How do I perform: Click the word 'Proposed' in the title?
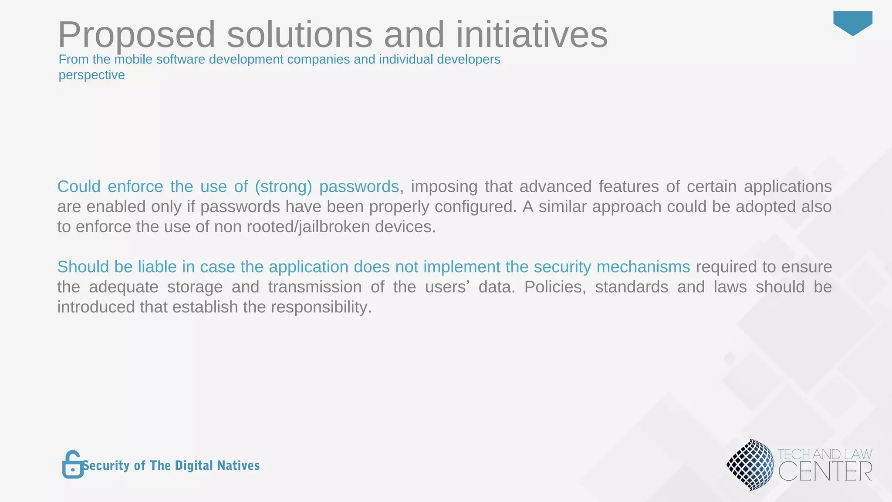coord(136,35)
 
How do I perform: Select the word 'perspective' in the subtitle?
coord(91,75)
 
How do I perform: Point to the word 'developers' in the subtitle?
coord(468,59)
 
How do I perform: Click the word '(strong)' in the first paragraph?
coord(284,187)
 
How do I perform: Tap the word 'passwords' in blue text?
coord(359,187)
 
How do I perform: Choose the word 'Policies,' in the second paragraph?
coord(555,287)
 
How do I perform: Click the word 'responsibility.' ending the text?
coord(321,307)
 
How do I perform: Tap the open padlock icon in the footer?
coord(73,465)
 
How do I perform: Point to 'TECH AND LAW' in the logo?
coord(824,454)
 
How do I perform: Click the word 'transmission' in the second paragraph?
coord(314,287)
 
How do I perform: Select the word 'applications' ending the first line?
coord(787,187)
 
